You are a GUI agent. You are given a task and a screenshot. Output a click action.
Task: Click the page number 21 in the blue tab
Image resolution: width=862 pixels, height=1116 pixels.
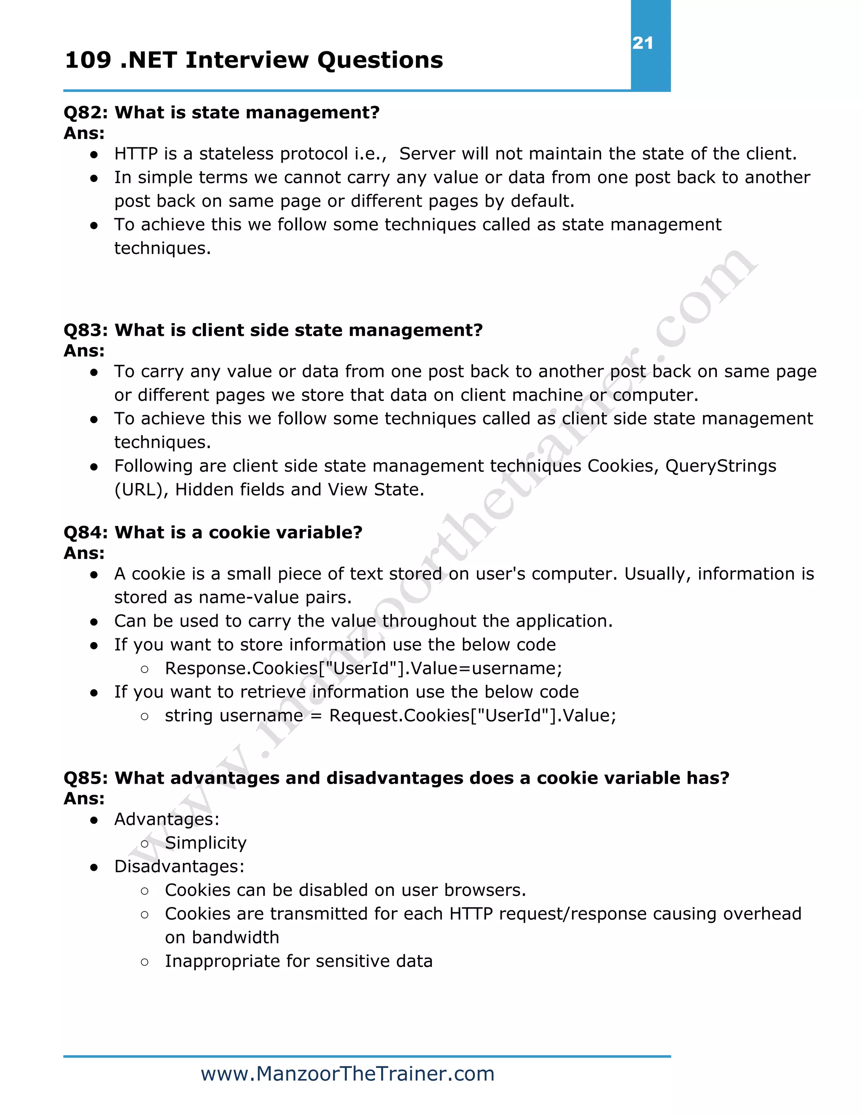tap(642, 43)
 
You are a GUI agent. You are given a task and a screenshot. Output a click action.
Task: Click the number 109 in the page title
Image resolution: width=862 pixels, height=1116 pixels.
tap(88, 60)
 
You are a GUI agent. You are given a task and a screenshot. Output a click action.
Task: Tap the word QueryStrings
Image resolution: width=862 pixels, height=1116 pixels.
tap(720, 466)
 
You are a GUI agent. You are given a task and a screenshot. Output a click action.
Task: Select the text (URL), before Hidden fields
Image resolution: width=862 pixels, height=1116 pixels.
tap(141, 489)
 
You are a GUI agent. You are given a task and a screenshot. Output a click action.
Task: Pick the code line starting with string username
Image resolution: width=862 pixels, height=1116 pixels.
tap(390, 716)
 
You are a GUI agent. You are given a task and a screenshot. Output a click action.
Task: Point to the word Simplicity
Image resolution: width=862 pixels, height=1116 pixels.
tap(205, 843)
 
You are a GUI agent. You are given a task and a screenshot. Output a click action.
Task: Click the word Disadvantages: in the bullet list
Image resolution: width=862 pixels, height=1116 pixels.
tap(179, 867)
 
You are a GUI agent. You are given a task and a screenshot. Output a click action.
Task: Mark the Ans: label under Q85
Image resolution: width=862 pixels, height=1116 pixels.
tap(84, 798)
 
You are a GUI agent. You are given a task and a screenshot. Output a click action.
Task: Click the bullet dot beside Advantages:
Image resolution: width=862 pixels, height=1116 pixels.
tap(94, 820)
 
